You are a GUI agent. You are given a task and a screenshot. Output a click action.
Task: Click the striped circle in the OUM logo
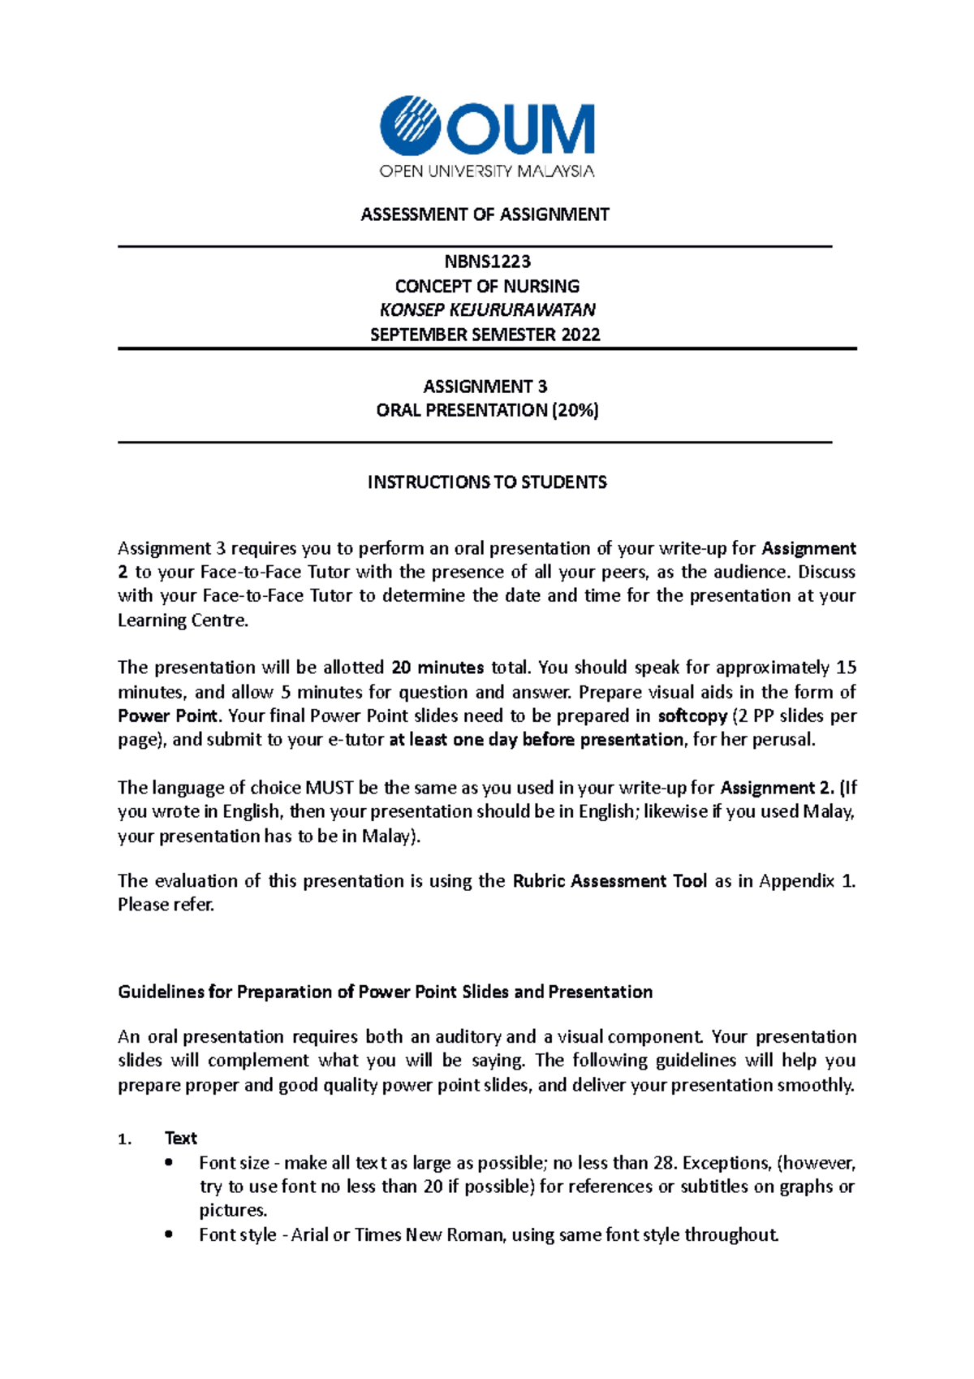point(410,125)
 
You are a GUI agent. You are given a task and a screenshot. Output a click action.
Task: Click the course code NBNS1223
point(487,262)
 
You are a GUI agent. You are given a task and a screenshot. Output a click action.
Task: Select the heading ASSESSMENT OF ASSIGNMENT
point(485,214)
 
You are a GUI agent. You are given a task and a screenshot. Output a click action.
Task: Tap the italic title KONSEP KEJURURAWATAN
point(487,309)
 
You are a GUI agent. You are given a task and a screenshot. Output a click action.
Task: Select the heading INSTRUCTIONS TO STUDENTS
point(487,482)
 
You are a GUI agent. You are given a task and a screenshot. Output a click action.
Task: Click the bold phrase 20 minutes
point(437,668)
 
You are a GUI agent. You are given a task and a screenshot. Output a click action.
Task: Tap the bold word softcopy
point(692,716)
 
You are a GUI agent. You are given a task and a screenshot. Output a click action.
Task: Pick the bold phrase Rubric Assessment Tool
point(610,881)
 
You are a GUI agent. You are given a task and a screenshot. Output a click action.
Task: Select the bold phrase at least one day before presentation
point(536,740)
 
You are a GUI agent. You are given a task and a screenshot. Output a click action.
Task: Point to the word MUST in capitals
point(330,788)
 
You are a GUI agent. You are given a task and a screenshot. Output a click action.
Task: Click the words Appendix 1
point(806,881)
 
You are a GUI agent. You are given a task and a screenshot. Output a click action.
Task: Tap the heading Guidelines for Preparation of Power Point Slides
point(386,992)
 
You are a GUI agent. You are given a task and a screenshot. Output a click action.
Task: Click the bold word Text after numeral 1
point(180,1138)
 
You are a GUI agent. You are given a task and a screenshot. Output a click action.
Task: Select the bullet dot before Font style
point(169,1234)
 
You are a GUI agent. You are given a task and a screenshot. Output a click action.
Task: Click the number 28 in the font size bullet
point(663,1163)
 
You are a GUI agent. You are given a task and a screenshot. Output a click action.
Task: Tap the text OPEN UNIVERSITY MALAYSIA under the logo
point(487,171)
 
